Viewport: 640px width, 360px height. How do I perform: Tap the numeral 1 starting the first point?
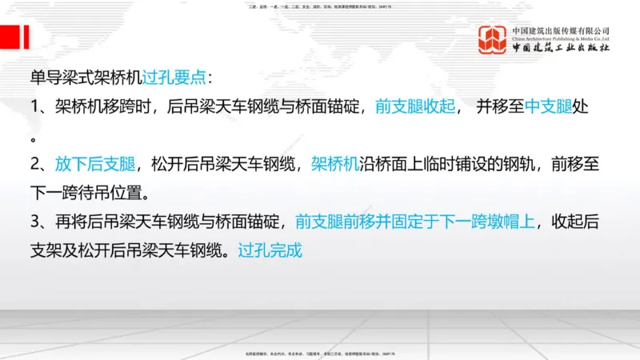tap(35, 107)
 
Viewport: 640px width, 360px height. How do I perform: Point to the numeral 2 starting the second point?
tap(35, 165)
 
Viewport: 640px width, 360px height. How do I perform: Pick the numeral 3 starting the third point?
tap(35, 222)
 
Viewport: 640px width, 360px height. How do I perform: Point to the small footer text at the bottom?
tap(320, 354)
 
